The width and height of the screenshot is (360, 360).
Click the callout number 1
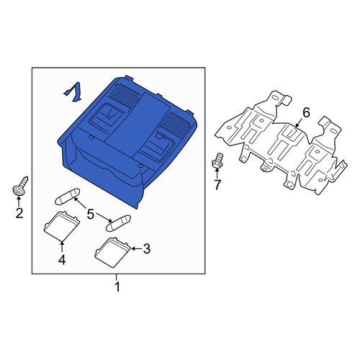(x=117, y=287)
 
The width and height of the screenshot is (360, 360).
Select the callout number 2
(x=19, y=213)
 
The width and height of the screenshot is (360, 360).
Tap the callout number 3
(x=147, y=249)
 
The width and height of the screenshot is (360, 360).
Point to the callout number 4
(x=62, y=260)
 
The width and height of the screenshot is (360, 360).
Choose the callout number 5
(x=90, y=214)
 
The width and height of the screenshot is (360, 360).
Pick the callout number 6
(x=306, y=112)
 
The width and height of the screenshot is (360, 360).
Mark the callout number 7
(x=217, y=185)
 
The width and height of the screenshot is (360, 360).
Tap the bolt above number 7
(x=217, y=160)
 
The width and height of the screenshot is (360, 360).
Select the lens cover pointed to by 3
(x=112, y=252)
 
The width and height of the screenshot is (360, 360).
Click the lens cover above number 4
(x=61, y=225)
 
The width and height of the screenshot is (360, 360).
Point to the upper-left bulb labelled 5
(x=68, y=197)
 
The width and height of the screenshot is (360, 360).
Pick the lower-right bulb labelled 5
(x=118, y=223)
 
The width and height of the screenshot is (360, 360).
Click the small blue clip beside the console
(x=73, y=92)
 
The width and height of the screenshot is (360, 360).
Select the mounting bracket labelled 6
(x=281, y=142)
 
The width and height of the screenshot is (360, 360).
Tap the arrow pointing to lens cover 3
(x=137, y=249)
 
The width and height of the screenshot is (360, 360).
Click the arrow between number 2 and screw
(x=19, y=202)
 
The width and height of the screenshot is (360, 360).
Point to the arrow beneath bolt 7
(x=217, y=174)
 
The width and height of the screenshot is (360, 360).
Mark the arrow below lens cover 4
(x=62, y=247)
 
